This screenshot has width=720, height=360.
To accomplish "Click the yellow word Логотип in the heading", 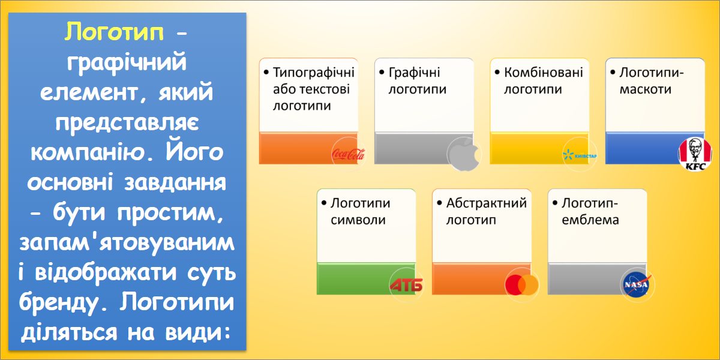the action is (x=114, y=32).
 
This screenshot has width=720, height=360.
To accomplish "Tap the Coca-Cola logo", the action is (x=349, y=155).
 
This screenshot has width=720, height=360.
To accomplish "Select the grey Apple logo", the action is (x=464, y=154).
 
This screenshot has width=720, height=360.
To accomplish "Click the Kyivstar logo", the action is (x=580, y=155).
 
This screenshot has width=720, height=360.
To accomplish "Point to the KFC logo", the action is (x=695, y=154).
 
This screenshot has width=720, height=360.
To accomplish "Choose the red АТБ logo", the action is (x=406, y=285).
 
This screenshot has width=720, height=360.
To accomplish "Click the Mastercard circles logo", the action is (x=521, y=285).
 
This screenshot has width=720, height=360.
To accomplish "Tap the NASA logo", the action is (x=637, y=285).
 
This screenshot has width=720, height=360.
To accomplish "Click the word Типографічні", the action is (x=313, y=73).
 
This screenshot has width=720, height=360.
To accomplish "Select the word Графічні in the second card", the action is (x=414, y=73).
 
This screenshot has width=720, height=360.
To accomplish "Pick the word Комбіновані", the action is (x=543, y=73).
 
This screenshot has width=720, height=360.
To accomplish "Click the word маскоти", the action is (x=646, y=89).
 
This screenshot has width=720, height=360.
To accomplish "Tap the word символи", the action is (x=358, y=220).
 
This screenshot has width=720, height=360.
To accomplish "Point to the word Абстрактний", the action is (x=487, y=203).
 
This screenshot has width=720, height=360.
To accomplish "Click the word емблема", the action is (x=590, y=220).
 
